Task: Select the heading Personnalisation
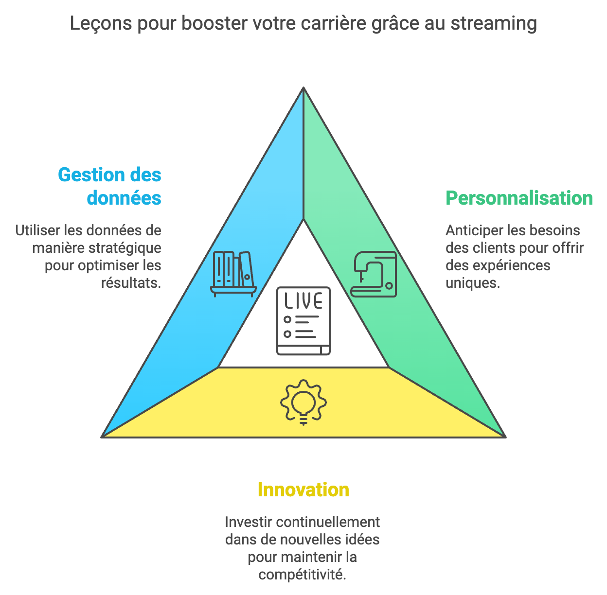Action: [x=519, y=198]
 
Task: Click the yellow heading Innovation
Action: [x=303, y=490]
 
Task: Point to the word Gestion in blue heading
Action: [x=87, y=175]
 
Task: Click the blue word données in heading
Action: [x=124, y=198]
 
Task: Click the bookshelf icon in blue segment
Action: [x=233, y=274]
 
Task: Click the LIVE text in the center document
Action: [x=303, y=301]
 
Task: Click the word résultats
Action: [x=131, y=283]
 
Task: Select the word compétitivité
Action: [x=302, y=575]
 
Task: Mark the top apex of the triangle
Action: [x=303, y=88]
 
